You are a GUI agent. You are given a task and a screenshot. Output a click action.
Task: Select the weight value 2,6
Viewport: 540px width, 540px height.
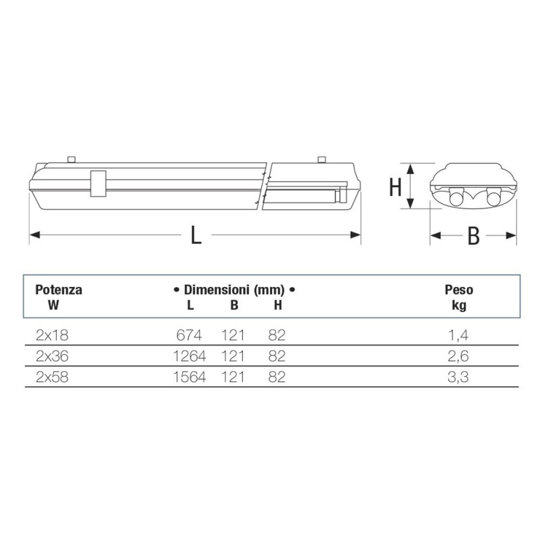[x=458, y=356]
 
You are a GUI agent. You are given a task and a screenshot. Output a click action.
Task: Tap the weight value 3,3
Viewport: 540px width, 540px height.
[x=458, y=378]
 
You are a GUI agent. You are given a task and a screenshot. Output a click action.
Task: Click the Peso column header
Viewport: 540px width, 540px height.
[x=458, y=290]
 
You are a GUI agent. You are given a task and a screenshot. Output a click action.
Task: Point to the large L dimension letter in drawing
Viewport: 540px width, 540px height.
[x=195, y=235]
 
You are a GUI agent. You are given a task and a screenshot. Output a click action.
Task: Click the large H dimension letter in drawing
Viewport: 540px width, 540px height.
[x=396, y=187]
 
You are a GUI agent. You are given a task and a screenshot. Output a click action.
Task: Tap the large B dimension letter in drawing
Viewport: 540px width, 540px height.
[x=474, y=236]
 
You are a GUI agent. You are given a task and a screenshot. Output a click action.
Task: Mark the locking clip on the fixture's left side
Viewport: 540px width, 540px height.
[x=97, y=183]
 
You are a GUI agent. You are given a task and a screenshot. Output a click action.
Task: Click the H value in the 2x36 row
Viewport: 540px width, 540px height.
[x=276, y=356]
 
